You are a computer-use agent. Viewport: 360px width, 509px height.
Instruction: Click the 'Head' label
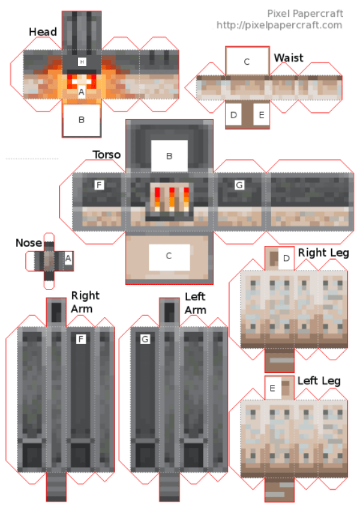(x=43, y=32)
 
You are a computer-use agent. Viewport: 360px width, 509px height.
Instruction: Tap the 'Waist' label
(x=289, y=58)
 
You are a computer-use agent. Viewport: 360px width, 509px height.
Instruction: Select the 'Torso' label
(x=107, y=155)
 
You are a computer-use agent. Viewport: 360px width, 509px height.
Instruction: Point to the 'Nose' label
(x=29, y=243)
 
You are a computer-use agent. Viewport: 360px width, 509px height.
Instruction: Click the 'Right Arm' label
(x=86, y=302)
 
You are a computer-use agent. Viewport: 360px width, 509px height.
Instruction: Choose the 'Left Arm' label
(x=196, y=303)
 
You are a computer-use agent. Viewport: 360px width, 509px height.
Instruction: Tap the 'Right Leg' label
(x=323, y=253)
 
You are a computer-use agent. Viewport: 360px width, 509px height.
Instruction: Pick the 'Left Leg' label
(x=319, y=381)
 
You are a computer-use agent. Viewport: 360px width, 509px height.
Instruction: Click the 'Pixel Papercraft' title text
(x=305, y=14)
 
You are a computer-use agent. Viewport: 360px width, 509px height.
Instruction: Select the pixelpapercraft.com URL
(x=279, y=25)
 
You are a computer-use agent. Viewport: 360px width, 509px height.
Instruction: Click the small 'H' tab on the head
(x=82, y=62)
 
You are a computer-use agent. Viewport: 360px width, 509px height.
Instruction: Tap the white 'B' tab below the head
(x=82, y=119)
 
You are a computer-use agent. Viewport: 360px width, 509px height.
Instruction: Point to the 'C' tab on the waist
(x=247, y=61)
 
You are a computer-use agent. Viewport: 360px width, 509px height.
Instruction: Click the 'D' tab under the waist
(x=233, y=114)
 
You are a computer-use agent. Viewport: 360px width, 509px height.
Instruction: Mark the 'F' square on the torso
(x=99, y=185)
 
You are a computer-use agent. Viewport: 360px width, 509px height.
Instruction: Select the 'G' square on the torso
(x=239, y=185)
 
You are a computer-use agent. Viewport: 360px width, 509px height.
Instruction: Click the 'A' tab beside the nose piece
(x=68, y=258)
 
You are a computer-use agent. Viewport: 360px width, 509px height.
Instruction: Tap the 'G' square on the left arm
(x=145, y=339)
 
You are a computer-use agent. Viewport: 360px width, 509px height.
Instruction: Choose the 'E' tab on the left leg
(x=272, y=388)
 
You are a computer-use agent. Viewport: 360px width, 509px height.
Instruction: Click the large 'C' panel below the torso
(x=169, y=256)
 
